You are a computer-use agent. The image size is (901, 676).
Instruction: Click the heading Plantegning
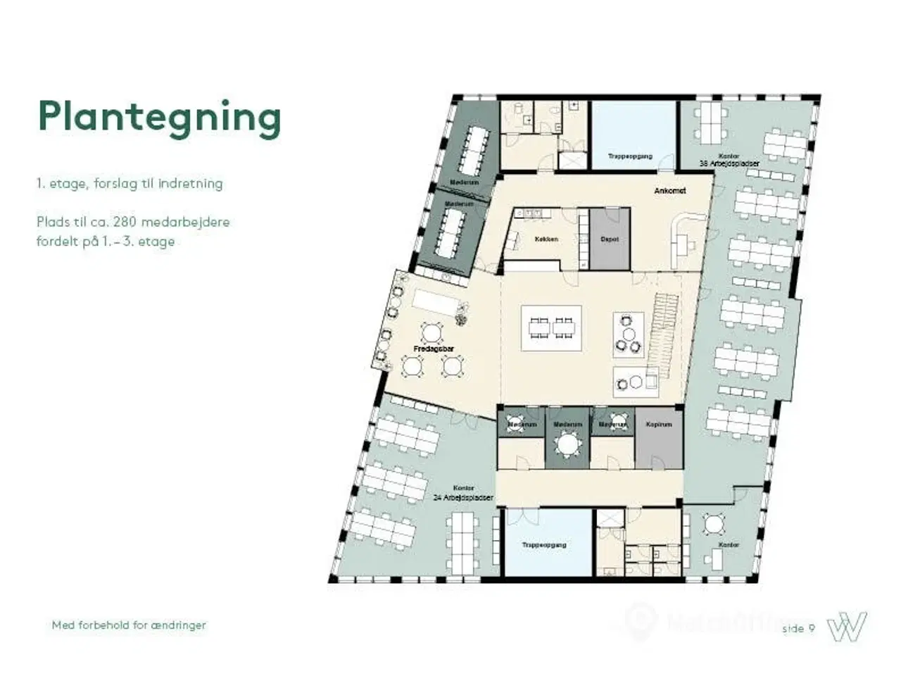159,118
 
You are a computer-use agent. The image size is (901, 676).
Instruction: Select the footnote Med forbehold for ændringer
129,625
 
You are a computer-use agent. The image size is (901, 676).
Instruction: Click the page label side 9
798,628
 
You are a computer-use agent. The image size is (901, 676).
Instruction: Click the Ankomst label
669,191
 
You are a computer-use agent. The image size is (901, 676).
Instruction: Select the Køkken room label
546,239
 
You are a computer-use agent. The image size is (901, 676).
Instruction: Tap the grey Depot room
609,239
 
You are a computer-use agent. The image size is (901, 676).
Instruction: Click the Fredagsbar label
433,349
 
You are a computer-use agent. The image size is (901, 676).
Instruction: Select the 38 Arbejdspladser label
729,163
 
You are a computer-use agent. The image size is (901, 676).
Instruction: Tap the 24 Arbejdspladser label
463,497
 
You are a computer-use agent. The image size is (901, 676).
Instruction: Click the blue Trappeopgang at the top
630,137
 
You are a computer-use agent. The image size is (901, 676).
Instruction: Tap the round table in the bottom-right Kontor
714,525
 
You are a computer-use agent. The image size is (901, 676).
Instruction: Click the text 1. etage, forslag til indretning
130,184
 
